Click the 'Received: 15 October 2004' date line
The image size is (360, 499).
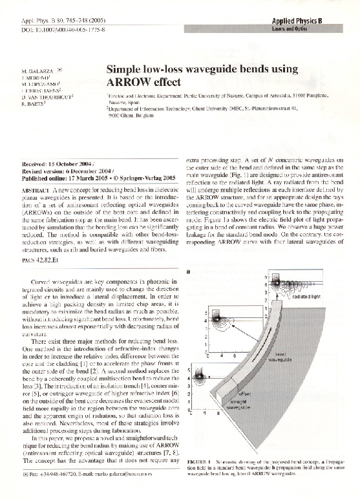[58, 165]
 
